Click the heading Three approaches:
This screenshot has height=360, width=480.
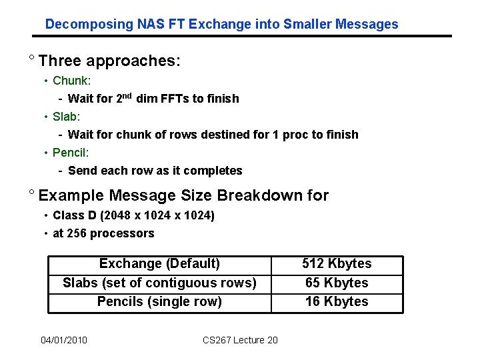pos(110,61)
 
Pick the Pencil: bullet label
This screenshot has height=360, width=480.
pos(71,153)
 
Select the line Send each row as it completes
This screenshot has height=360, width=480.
pos(155,171)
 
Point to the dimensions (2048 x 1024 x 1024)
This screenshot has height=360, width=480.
pos(158,215)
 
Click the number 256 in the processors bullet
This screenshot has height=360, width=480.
pos(76,233)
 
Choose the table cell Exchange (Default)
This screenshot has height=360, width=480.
pos(159,264)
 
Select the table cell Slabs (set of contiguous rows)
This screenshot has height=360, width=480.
pos(159,283)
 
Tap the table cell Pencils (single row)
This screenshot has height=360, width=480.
pos(159,301)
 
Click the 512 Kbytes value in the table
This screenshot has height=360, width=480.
pos(337,264)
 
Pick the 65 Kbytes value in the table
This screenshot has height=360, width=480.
pos(337,283)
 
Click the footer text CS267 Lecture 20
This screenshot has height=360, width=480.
pos(240,341)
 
